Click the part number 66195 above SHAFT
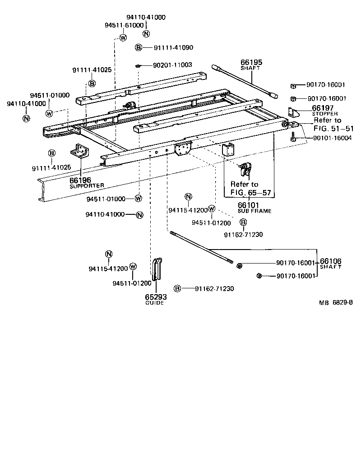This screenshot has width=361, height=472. (x=251, y=63)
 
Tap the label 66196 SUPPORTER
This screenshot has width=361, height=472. (x=80, y=180)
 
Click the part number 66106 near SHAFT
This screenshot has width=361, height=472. (x=331, y=262)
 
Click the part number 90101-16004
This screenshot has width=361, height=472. (x=326, y=138)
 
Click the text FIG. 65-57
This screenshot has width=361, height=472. (x=251, y=193)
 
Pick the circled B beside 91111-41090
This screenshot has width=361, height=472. (x=139, y=47)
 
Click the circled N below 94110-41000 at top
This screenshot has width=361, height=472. (x=146, y=33)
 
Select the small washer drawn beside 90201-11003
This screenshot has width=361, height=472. (x=138, y=65)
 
